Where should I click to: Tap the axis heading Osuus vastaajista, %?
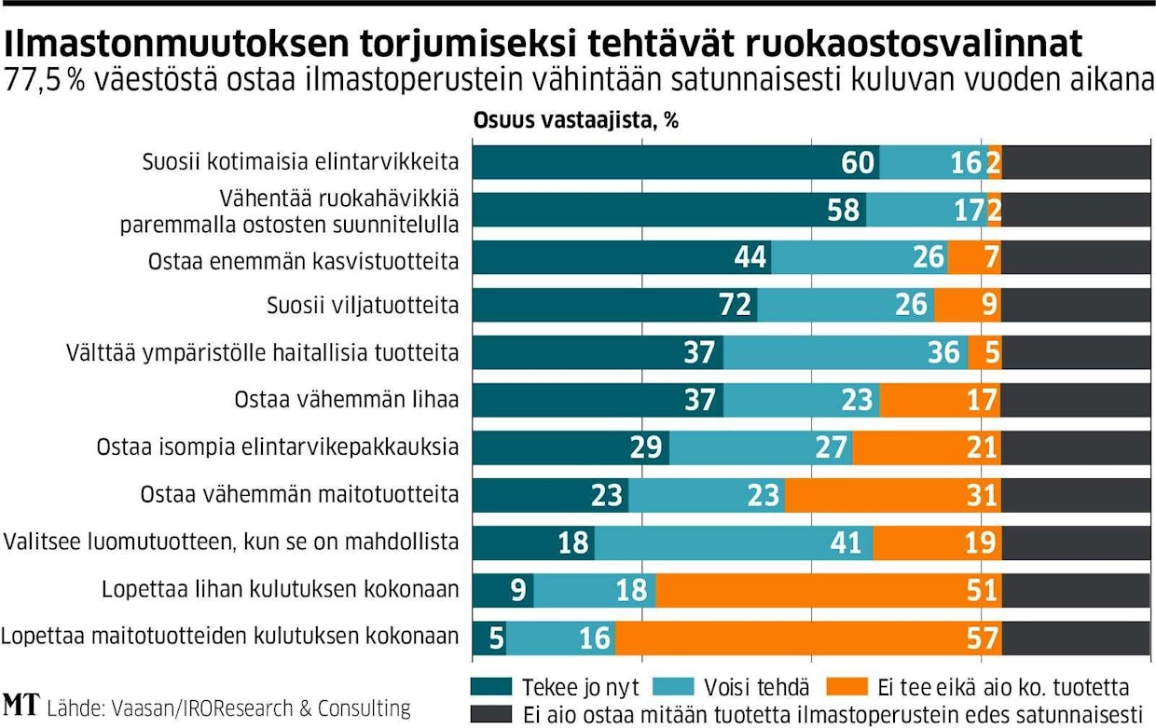(575, 121)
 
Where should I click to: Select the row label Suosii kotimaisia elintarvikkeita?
(300, 162)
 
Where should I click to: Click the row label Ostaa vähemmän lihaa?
(346, 400)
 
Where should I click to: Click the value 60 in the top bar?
(858, 163)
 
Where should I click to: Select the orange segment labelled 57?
(806, 638)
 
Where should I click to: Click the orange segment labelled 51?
(828, 590)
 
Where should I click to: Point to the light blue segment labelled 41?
(734, 543)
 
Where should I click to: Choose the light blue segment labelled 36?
(845, 352)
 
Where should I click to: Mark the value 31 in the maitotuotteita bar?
(982, 495)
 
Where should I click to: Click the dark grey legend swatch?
(492, 714)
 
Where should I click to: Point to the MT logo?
(20, 706)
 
